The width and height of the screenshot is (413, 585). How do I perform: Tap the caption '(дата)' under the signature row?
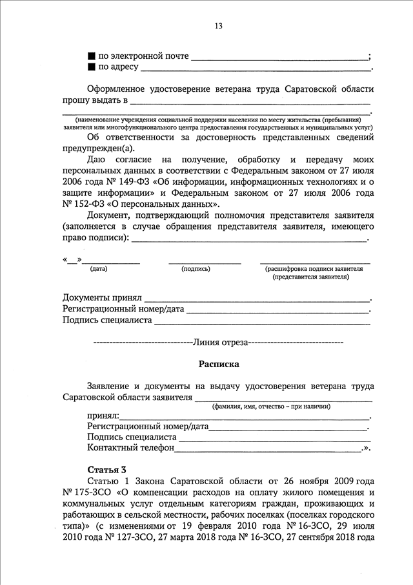pos(99,268)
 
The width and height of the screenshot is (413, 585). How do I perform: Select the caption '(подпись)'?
pos(196,268)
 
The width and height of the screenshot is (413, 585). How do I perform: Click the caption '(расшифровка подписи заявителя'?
pos(314,268)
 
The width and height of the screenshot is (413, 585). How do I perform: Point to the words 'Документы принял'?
pos(102,297)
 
